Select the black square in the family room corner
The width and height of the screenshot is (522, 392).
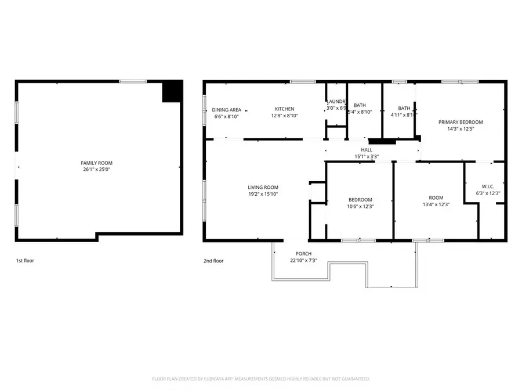point(172,92)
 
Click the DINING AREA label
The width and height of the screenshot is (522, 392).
point(226,109)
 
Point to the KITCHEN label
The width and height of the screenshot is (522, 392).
point(284,109)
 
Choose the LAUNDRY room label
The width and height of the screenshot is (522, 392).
point(336,101)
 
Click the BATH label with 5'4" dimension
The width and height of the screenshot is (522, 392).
point(360,105)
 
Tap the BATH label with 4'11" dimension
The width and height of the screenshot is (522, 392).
point(404,108)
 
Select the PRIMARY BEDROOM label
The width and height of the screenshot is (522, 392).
point(461,122)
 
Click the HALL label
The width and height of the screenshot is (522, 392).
point(366,150)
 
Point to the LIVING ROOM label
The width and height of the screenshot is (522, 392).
point(263,187)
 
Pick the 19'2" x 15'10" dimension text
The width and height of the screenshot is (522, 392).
point(263,194)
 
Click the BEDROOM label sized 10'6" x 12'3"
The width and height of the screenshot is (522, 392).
point(360,200)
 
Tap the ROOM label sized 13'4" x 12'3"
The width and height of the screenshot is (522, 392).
point(435,197)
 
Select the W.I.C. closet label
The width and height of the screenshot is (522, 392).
point(487,186)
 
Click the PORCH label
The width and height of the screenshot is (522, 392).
point(303,254)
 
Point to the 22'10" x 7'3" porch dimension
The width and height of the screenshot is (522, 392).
point(303,261)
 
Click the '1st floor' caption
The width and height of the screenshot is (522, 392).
point(25,261)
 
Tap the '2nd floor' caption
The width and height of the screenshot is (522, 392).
point(213,261)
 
